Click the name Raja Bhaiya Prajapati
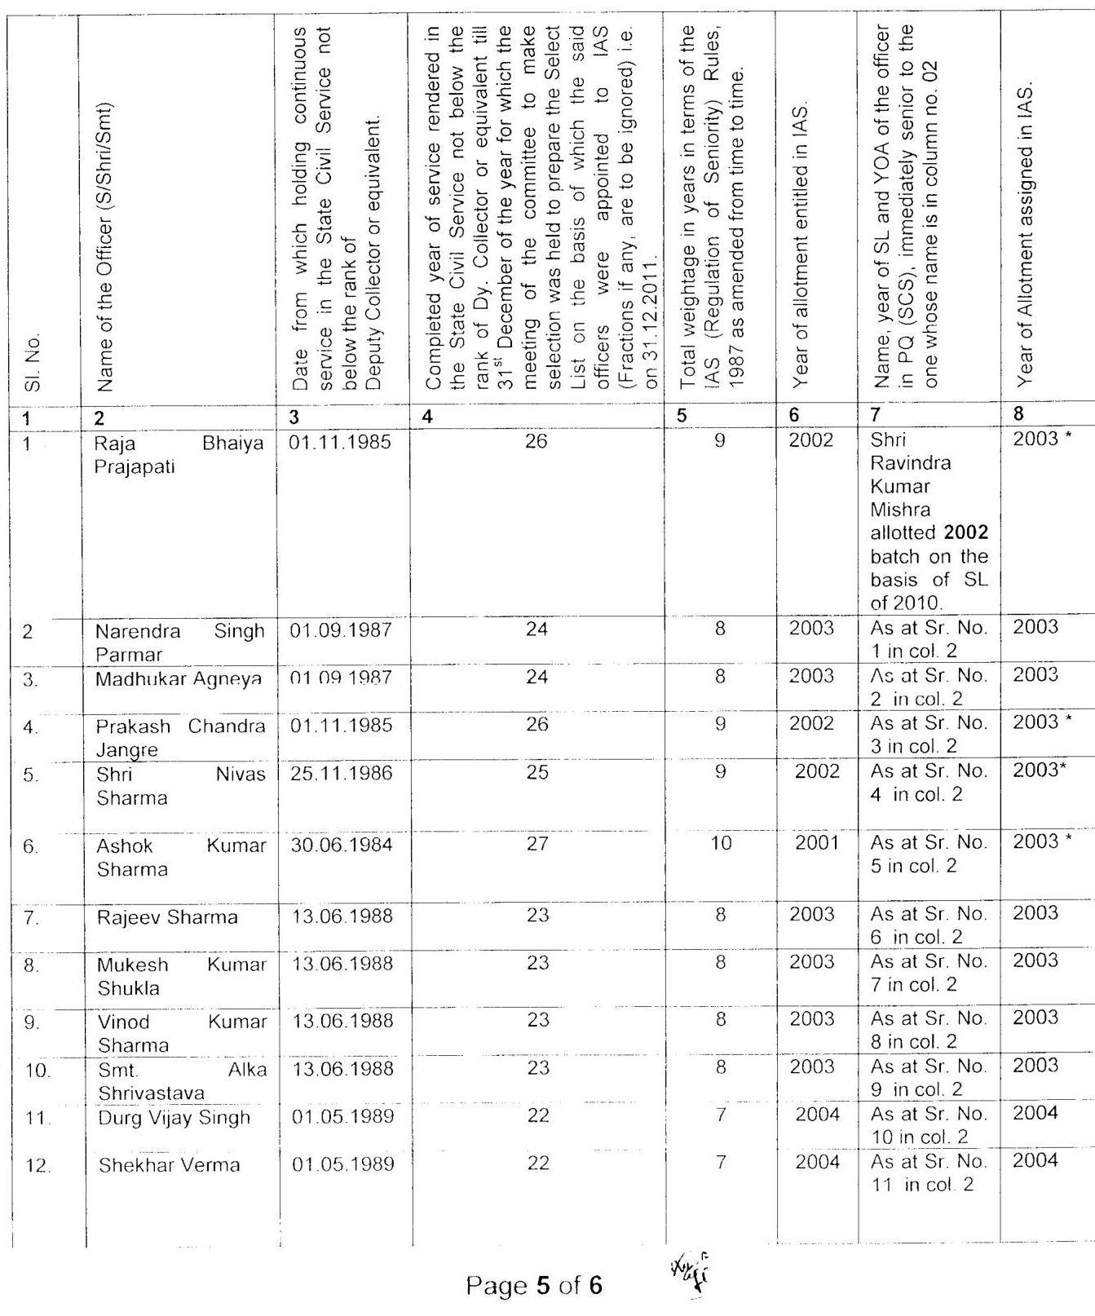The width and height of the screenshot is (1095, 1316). click(x=179, y=455)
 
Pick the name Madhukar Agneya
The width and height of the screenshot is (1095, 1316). click(x=179, y=678)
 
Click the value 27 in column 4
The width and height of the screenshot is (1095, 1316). click(x=537, y=844)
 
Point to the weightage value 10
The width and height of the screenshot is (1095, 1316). click(x=721, y=842)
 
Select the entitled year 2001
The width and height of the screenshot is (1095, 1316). click(x=817, y=842)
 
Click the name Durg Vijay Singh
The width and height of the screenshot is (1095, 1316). click(x=174, y=1117)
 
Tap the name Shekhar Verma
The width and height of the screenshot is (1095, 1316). click(x=170, y=1165)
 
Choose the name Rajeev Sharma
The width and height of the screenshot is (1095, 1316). click(x=167, y=917)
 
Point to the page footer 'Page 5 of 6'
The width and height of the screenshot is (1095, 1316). click(x=534, y=1286)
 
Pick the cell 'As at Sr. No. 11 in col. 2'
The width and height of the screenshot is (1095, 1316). click(x=928, y=1172)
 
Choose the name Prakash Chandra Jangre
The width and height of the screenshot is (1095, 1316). click(x=180, y=737)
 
